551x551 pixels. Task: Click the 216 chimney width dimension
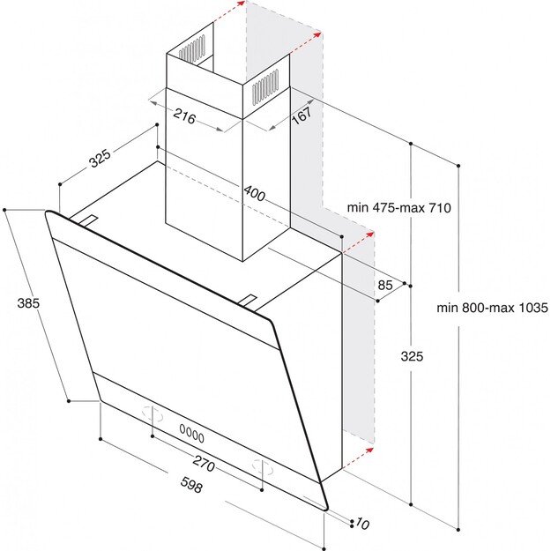point(184,116)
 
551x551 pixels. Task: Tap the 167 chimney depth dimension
point(302,115)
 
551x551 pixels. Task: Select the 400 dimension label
point(255,193)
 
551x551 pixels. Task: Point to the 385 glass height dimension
point(28,303)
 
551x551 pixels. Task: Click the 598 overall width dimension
point(192,485)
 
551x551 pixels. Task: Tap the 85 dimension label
point(384,285)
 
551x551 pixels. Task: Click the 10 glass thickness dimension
point(362,524)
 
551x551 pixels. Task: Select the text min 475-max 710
point(398,208)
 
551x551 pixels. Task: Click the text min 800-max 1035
point(492,308)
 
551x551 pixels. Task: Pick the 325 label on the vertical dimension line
point(412,356)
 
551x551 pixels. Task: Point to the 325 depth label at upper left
point(101,158)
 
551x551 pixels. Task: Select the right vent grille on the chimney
point(265,86)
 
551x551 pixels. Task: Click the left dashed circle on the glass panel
point(153,413)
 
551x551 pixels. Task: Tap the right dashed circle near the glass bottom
point(263,467)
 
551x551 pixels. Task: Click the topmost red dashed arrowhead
point(241,4)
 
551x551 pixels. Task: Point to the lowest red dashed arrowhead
point(369,450)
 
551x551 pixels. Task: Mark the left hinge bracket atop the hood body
point(87,220)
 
